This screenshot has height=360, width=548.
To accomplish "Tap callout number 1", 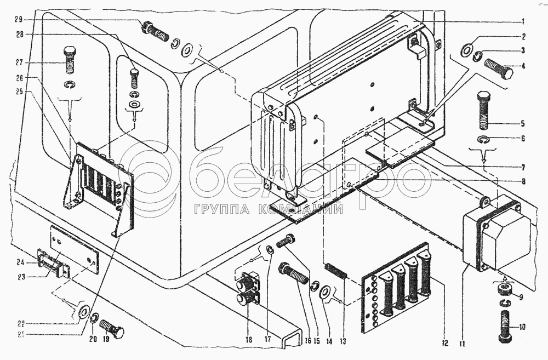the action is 523,21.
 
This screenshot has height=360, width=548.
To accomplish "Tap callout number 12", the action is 445,344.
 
